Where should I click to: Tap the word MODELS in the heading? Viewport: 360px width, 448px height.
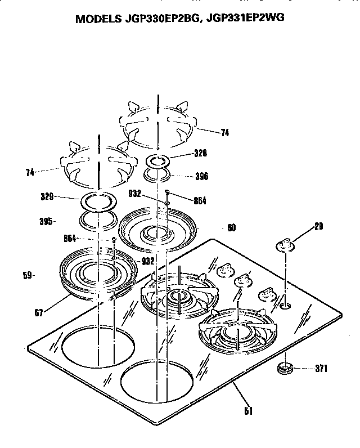tap(98, 18)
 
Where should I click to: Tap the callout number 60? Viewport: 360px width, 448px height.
tap(232, 228)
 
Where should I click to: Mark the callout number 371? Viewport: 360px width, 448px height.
tap(321, 369)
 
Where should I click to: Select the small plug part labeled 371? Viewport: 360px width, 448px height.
tap(285, 369)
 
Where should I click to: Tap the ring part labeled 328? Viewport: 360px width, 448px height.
tap(159, 160)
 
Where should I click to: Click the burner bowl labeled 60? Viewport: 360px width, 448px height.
tap(157, 228)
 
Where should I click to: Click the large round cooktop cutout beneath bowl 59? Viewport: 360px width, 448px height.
tap(98, 346)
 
